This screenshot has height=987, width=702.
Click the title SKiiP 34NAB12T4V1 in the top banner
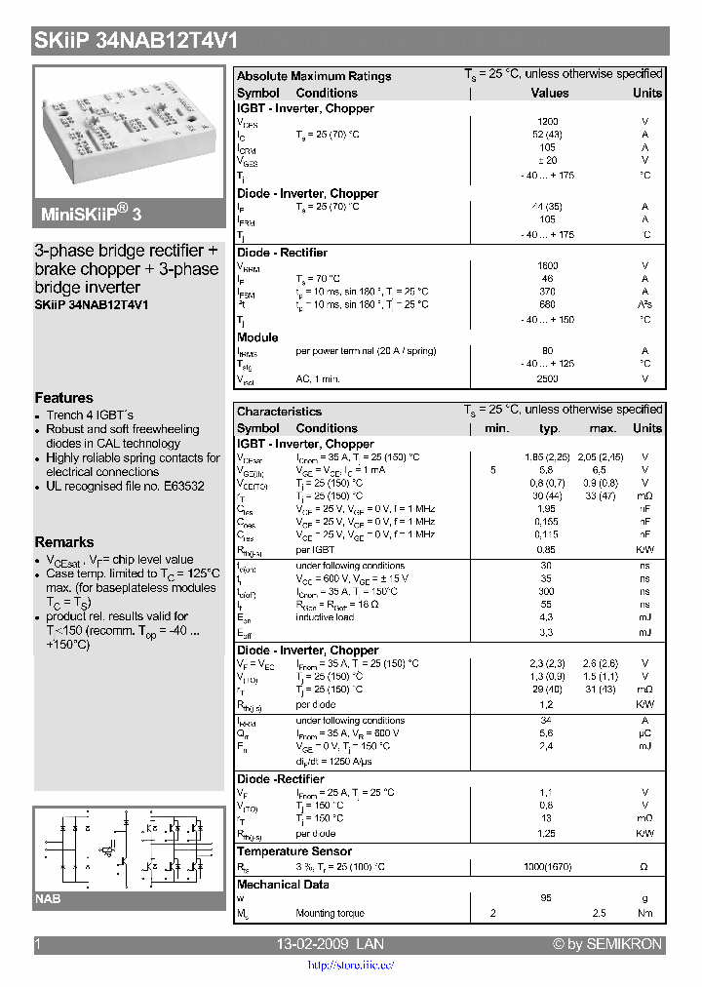point(136,41)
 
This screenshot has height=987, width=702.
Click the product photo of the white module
point(130,129)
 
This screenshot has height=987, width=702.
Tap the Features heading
point(64,398)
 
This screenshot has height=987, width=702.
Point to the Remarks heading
point(64,542)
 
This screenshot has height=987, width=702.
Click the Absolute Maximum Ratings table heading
point(314,76)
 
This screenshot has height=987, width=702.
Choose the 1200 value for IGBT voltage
point(548,122)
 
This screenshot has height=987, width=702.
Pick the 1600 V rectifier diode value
point(548,265)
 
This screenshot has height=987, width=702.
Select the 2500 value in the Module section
point(548,378)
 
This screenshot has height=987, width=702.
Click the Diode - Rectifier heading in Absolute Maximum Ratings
point(282,253)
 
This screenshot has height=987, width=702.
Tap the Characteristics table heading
point(279,412)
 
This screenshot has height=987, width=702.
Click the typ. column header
point(550,428)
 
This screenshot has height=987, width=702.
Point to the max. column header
point(603,428)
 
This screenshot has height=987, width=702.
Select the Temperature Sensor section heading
point(295,851)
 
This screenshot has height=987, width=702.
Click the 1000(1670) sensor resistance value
point(548,867)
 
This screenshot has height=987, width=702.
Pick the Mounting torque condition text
point(331,914)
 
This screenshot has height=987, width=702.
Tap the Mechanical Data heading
point(283,885)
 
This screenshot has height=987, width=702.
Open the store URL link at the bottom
point(351,966)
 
